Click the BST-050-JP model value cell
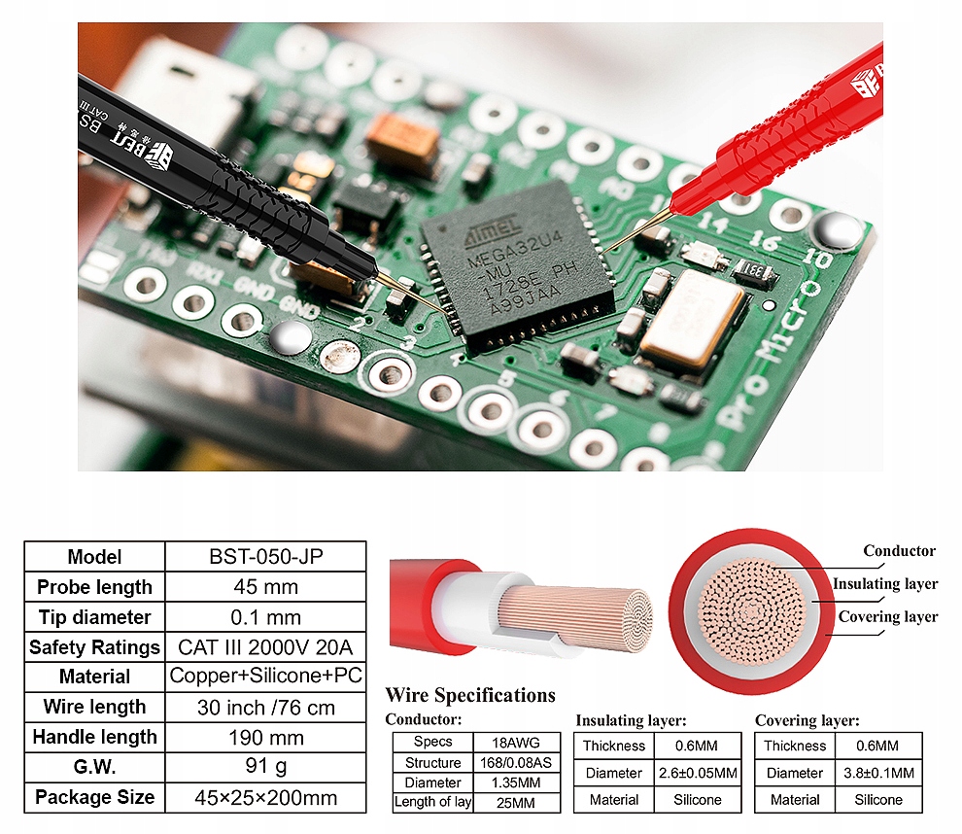pos(265,557)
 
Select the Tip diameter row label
pos(94,617)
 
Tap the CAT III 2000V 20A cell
pos(265,647)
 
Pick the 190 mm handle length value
pos(265,737)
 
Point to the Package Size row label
pos(94,797)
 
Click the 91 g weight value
pos(265,767)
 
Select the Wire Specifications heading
pos(470,695)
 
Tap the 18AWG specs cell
pos(517,742)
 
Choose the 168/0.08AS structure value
pos(517,762)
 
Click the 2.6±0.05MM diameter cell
pos(698,773)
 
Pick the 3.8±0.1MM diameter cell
pos(878,773)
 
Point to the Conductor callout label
pos(899,551)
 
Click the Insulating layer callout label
pos(885,584)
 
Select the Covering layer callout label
pos(888,616)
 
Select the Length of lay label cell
pos(432,802)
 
